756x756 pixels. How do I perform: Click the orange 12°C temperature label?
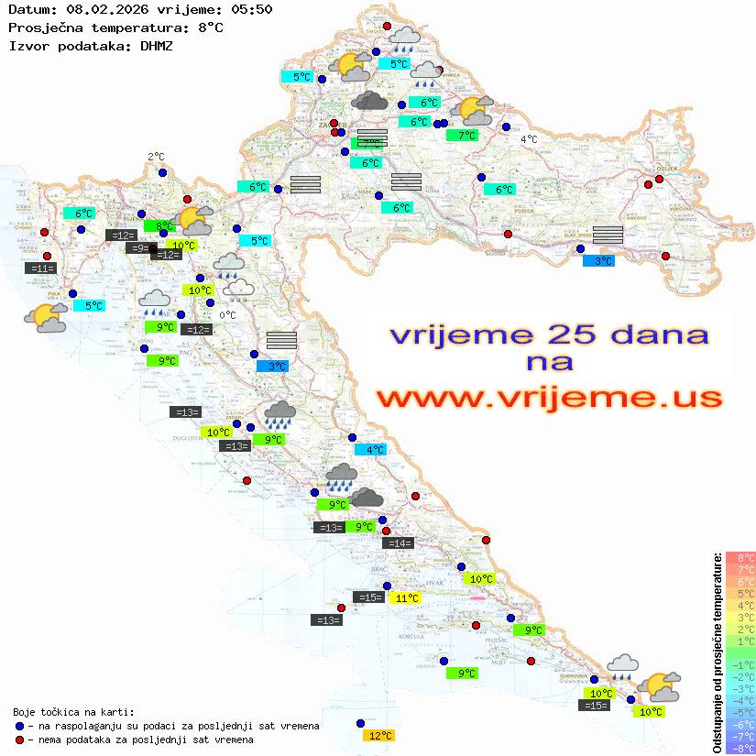[x=379, y=735]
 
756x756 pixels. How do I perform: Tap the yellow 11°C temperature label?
[x=406, y=598]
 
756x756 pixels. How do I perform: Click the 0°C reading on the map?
[x=228, y=315]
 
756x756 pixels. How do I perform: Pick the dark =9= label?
[x=138, y=247]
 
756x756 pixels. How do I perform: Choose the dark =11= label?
[x=41, y=268]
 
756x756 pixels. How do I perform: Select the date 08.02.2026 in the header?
[x=102, y=9]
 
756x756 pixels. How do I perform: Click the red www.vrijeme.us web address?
[x=549, y=398]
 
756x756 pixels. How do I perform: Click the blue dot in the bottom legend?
[x=19, y=726]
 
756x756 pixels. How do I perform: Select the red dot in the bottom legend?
[x=19, y=740]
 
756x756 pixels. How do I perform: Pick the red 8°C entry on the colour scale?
[x=740, y=558]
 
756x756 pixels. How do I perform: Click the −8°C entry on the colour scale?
[x=740, y=749]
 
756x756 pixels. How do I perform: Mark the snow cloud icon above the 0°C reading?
[x=241, y=290]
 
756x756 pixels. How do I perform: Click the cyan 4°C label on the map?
[x=371, y=450]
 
